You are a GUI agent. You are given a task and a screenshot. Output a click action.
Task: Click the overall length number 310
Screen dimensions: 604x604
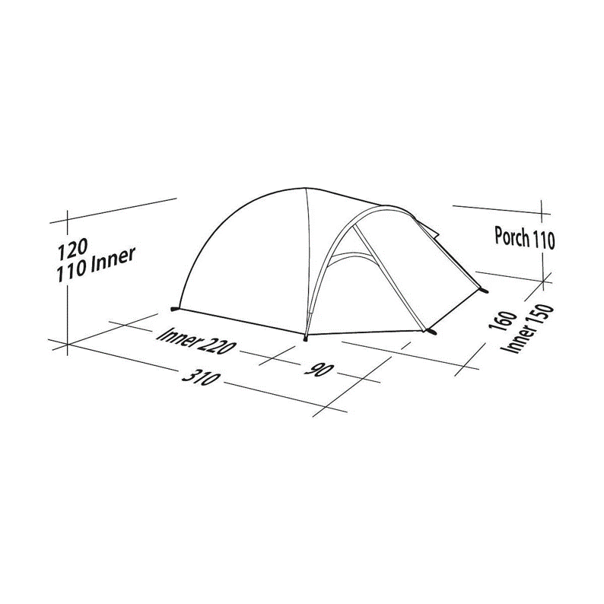click(x=200, y=378)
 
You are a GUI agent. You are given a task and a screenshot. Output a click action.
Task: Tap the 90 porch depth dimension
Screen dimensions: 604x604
click(x=319, y=370)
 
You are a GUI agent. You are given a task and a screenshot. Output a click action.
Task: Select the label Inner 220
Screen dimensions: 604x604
click(x=195, y=341)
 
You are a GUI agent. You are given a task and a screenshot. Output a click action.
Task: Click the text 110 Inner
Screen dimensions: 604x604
click(x=96, y=265)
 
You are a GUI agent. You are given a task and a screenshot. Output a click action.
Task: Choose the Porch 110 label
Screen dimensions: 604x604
click(x=525, y=237)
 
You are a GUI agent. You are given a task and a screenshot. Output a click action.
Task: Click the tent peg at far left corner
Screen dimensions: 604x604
click(x=174, y=309)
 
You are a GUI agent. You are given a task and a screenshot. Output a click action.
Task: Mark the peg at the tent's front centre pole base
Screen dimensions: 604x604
click(x=306, y=339)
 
